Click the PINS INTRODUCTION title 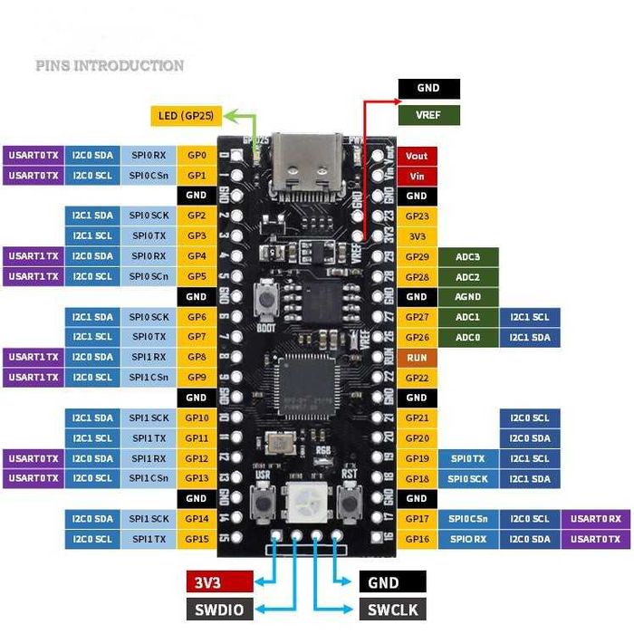click(110, 65)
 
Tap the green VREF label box click(428, 115)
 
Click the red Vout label click(417, 156)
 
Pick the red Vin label click(417, 176)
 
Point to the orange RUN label click(417, 358)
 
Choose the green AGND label click(467, 297)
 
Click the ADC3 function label click(467, 256)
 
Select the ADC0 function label click(467, 337)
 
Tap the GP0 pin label click(197, 156)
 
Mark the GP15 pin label click(197, 539)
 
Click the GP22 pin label click(417, 378)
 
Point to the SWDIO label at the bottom click(219, 610)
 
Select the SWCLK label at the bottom click(392, 610)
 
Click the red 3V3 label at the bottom click(219, 582)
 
